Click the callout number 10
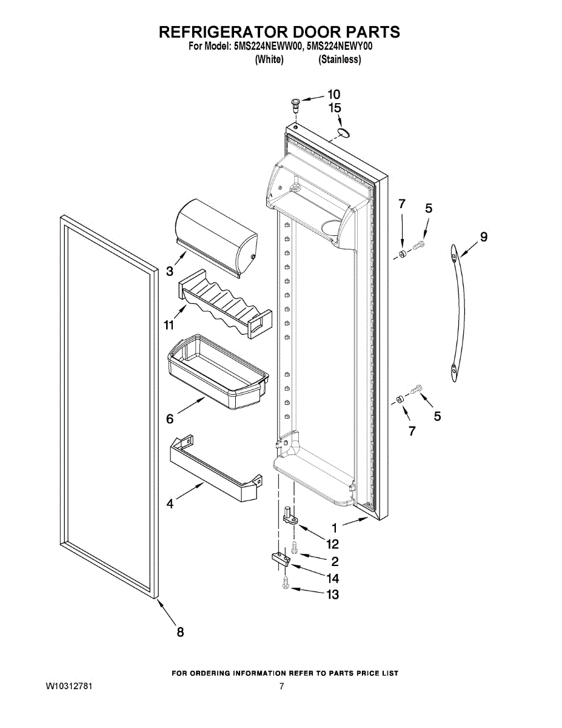point(333,94)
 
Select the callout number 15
point(334,108)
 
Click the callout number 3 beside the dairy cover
point(170,271)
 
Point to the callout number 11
point(169,325)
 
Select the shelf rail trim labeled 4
point(212,471)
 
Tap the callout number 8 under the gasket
point(180,632)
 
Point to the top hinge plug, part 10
point(295,103)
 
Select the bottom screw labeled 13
point(286,585)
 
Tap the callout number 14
point(333,578)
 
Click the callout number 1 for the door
point(334,528)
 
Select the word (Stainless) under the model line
point(340,59)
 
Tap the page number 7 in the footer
point(282,687)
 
